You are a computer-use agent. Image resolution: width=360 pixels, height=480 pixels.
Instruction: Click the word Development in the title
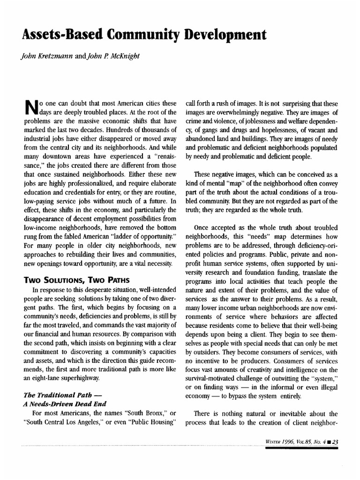tap(220, 34)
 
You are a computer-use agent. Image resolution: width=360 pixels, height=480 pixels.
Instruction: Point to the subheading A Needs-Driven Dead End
tap(65, 404)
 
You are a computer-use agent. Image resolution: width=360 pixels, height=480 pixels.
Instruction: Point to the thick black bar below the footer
tap(300, 448)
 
